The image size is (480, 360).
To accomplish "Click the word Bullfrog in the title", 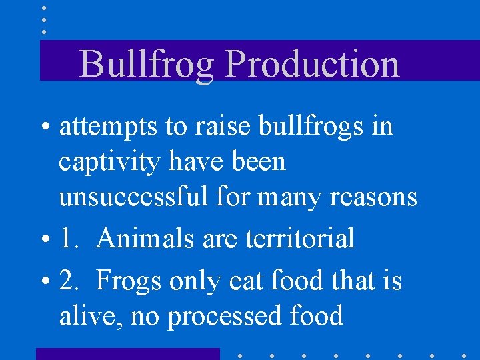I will coord(146,65).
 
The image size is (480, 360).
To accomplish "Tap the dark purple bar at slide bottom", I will coord(127,353).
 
